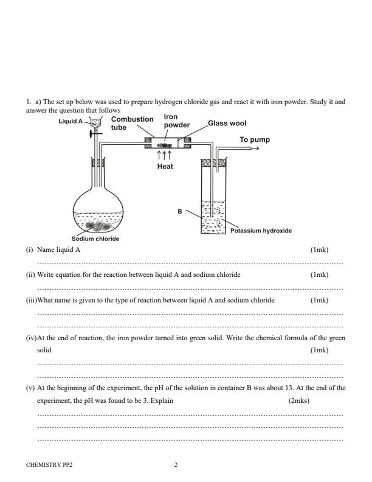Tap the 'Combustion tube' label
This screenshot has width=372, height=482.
click(132, 124)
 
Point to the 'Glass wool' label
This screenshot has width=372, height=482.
click(227, 123)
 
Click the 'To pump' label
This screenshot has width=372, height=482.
click(255, 139)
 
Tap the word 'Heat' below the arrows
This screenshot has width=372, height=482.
click(165, 167)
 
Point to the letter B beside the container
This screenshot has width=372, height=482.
click(180, 211)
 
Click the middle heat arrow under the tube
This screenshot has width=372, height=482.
click(165, 156)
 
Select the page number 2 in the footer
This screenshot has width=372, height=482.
click(176, 465)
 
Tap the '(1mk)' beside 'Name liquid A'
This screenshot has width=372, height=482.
click(319, 250)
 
